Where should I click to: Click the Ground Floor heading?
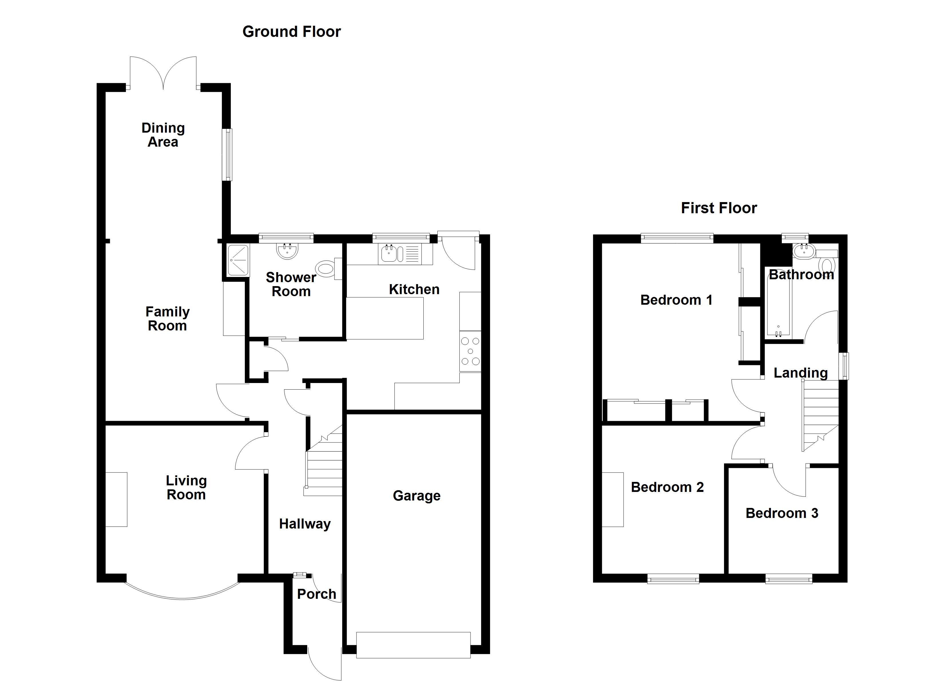point(291,32)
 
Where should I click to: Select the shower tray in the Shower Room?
point(238,260)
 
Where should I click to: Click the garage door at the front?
point(413,645)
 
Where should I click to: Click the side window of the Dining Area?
point(227,155)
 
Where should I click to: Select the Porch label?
point(316,594)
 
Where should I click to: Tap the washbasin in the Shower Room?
point(287,251)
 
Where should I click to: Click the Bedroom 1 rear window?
point(677,238)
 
